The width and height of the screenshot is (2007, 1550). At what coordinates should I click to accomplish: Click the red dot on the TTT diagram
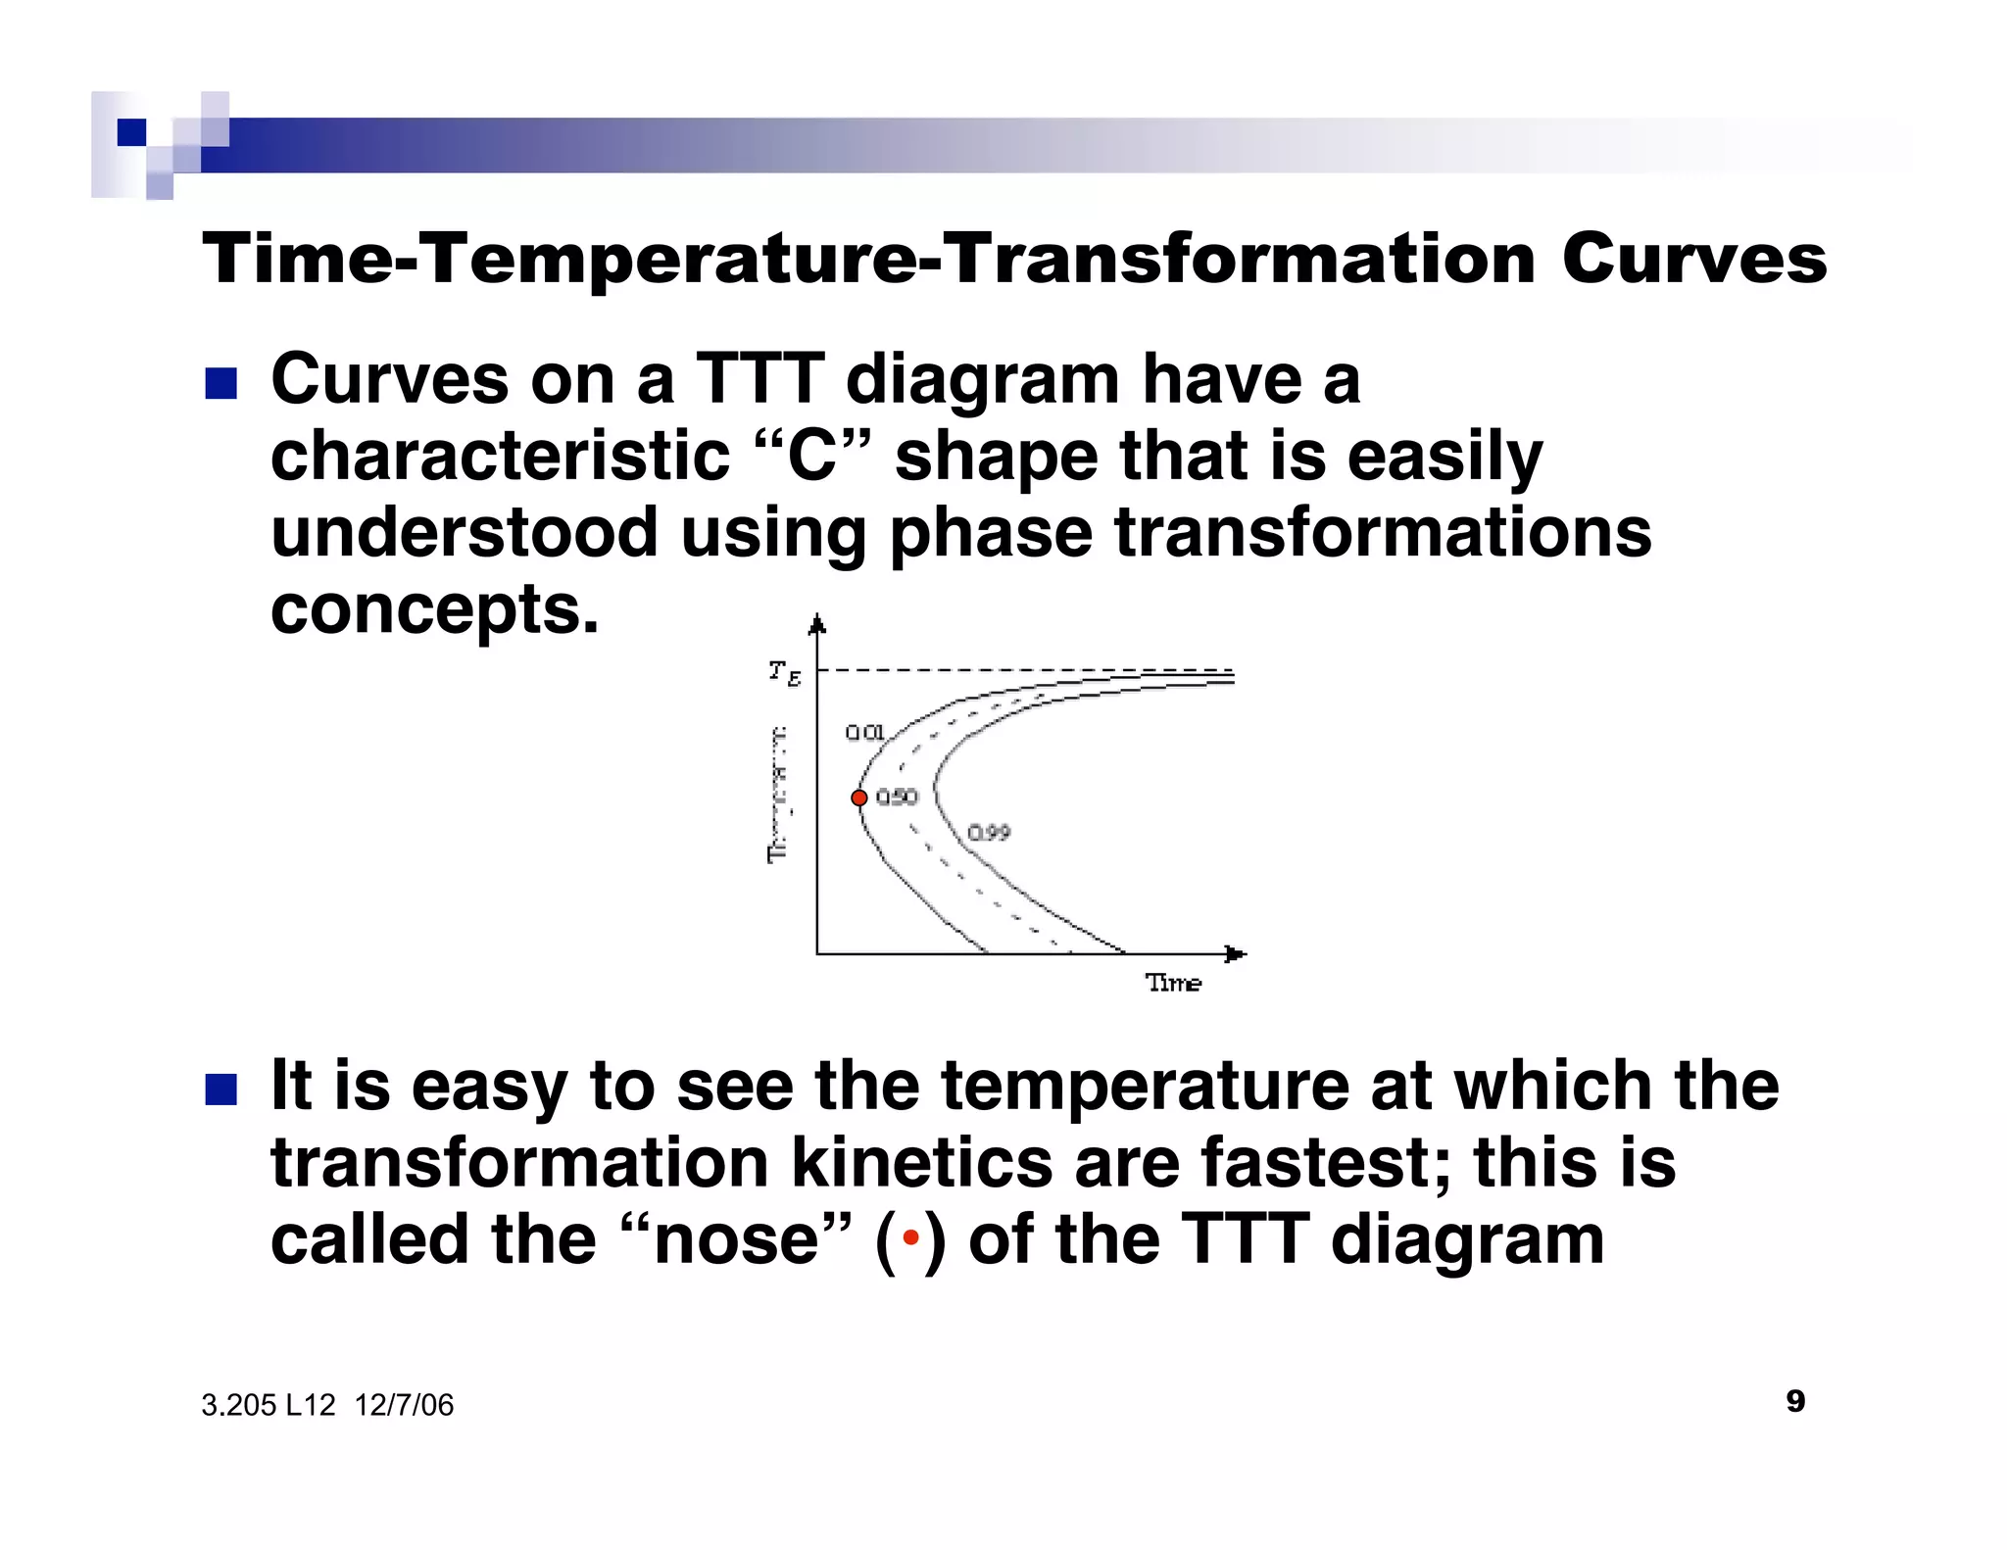click(858, 799)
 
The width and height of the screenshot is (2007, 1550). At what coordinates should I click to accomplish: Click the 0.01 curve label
click(864, 733)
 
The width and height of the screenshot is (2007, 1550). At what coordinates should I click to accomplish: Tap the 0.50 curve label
click(897, 798)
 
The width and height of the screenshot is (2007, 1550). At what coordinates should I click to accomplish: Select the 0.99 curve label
click(989, 833)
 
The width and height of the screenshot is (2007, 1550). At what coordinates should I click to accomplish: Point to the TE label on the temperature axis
click(784, 672)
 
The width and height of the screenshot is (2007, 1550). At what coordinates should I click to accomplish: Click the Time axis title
click(1173, 983)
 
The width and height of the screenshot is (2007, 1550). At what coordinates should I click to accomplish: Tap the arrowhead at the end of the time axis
click(1237, 953)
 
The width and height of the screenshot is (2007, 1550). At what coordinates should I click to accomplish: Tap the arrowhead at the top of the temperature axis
click(817, 624)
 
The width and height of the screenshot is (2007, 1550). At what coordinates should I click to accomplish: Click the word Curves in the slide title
click(1693, 260)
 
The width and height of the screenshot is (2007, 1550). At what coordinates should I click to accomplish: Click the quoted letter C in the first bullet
click(812, 457)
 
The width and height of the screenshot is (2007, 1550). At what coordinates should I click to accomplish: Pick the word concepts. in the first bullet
click(434, 609)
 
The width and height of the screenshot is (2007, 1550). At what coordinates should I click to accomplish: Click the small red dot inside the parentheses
click(910, 1239)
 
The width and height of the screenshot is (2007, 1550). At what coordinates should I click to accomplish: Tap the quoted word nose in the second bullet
click(735, 1239)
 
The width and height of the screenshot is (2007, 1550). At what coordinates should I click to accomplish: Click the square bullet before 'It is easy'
click(220, 1090)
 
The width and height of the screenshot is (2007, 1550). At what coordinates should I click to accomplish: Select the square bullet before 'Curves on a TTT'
click(220, 383)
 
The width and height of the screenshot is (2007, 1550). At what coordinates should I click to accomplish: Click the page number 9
click(1795, 1401)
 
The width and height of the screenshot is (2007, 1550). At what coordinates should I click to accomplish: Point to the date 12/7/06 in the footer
click(404, 1406)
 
